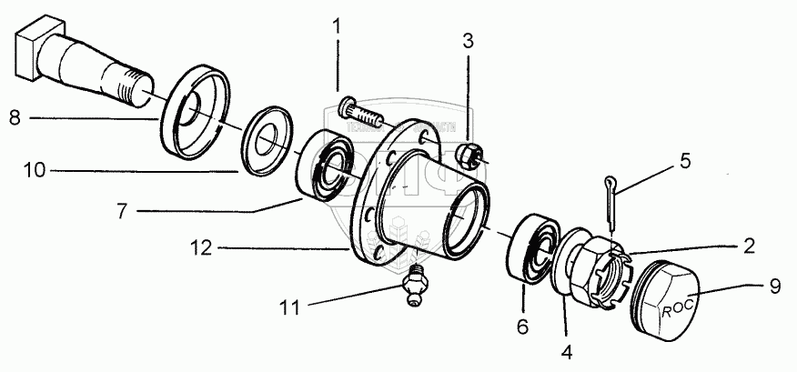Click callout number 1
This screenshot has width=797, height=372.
(337, 27)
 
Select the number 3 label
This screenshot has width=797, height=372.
(468, 41)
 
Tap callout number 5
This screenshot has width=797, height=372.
(685, 161)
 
